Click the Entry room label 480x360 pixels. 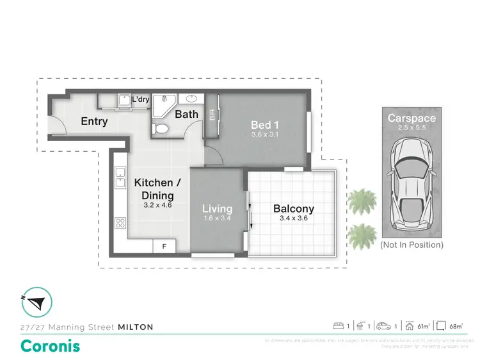(93, 121)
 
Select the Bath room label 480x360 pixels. (186, 115)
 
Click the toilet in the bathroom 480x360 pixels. (162, 129)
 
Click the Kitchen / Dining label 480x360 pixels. (157, 188)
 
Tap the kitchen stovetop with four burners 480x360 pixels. (120, 223)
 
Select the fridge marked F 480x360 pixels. (164, 246)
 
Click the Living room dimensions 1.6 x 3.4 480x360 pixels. (217, 219)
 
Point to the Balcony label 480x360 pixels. (294, 208)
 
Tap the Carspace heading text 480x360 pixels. (412, 118)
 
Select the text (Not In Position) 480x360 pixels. (412, 245)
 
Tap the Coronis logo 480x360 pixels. (51, 346)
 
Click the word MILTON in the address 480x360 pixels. (136, 327)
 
